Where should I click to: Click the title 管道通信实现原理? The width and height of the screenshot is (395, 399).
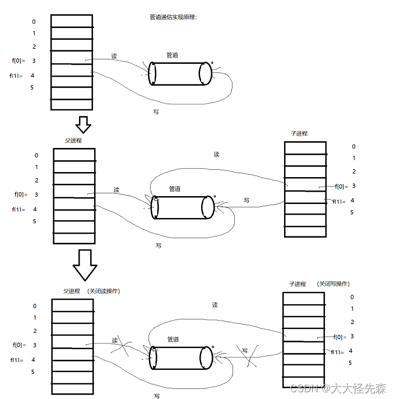click(170, 17)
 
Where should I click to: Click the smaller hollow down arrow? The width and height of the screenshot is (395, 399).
click(83, 124)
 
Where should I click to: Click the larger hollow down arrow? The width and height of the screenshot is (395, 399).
click(85, 265)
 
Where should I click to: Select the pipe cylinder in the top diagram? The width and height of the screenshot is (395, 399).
click(180, 73)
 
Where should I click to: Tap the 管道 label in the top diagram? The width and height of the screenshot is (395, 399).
click(173, 55)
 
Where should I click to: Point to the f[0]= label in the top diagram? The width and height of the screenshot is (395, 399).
click(19, 61)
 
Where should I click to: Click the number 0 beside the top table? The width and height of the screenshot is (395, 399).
click(34, 22)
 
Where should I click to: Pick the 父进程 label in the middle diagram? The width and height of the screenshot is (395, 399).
click(73, 141)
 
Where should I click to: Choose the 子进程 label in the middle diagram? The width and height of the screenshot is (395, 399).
click(299, 133)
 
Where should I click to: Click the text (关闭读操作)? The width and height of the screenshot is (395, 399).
click(104, 291)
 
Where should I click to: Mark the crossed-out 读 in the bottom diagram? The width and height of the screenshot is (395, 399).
click(115, 341)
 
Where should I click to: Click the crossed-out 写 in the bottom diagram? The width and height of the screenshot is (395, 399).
click(245, 351)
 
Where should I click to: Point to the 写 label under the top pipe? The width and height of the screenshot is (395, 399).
click(156, 112)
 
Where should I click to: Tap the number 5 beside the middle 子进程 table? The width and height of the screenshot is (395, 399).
click(352, 212)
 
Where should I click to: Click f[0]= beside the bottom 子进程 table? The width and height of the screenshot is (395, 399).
click(340, 337)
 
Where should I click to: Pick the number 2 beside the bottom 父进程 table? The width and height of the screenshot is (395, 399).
click(35, 331)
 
